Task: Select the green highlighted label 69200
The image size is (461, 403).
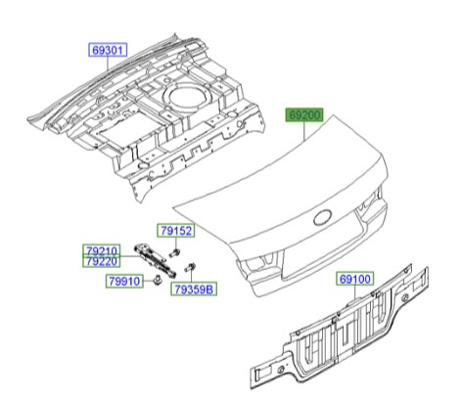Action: pos(303,115)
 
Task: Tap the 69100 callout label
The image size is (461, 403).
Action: pos(356,280)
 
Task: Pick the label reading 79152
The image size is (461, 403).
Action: pos(177,232)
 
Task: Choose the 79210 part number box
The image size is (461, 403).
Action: pos(99,251)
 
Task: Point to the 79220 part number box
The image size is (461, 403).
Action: pos(99,262)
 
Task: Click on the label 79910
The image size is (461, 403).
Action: pos(124,281)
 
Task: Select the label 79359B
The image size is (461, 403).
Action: pos(195,290)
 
